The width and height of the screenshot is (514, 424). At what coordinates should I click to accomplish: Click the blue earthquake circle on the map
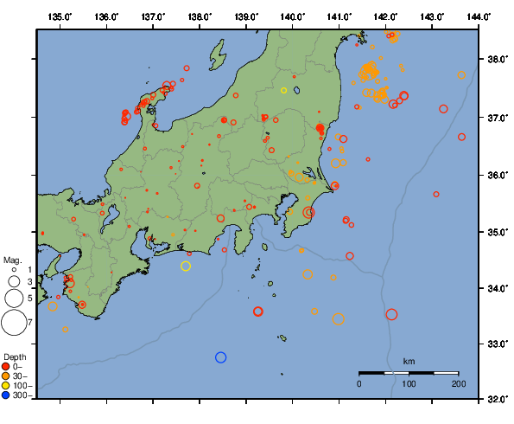(220, 357)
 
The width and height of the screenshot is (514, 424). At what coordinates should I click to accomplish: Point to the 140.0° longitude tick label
(293, 17)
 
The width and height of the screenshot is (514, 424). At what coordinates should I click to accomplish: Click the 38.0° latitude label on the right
(496, 60)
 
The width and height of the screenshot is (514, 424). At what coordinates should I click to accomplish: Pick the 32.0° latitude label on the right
(496, 400)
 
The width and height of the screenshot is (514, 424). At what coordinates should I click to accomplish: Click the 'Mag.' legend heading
(12, 260)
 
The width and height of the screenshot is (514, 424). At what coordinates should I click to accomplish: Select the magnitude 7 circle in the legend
(14, 322)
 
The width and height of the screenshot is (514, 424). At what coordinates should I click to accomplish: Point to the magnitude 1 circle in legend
(14, 270)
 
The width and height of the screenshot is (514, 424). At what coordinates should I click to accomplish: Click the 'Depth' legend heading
(15, 357)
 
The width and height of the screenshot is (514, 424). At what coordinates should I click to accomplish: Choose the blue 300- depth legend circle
(6, 395)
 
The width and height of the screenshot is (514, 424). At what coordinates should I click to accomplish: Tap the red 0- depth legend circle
(6, 366)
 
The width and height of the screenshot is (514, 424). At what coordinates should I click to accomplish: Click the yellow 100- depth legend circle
(6, 386)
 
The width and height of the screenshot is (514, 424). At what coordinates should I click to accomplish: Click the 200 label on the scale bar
(459, 383)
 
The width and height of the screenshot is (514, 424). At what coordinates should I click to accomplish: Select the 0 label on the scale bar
(359, 383)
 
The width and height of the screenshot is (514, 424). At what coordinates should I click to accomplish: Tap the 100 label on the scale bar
(409, 383)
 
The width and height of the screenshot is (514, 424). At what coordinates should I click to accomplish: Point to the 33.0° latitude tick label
(496, 344)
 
